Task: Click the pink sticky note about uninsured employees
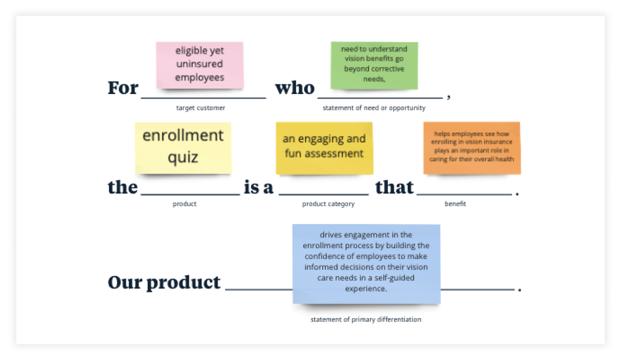pos(199,65)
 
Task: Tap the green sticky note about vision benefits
pos(374,65)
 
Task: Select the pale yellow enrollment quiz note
pos(183,148)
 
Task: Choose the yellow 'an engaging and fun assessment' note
pos(324,148)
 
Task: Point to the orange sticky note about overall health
pos(472,148)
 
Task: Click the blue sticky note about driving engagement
pos(366,264)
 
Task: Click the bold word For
pos(123,88)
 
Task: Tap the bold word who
pos(295,88)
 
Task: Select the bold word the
pos(123,187)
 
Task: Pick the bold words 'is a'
pos(258,187)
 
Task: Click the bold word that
pos(394,187)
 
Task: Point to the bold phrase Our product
pos(164,283)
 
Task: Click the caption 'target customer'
pos(200,108)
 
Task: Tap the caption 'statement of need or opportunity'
pos(374,108)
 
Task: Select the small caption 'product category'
pos(328,204)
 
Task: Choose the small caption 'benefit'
pos(455,204)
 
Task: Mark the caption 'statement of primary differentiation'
pos(365,319)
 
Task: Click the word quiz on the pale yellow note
pos(183,158)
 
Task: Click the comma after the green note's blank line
pos(448,97)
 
